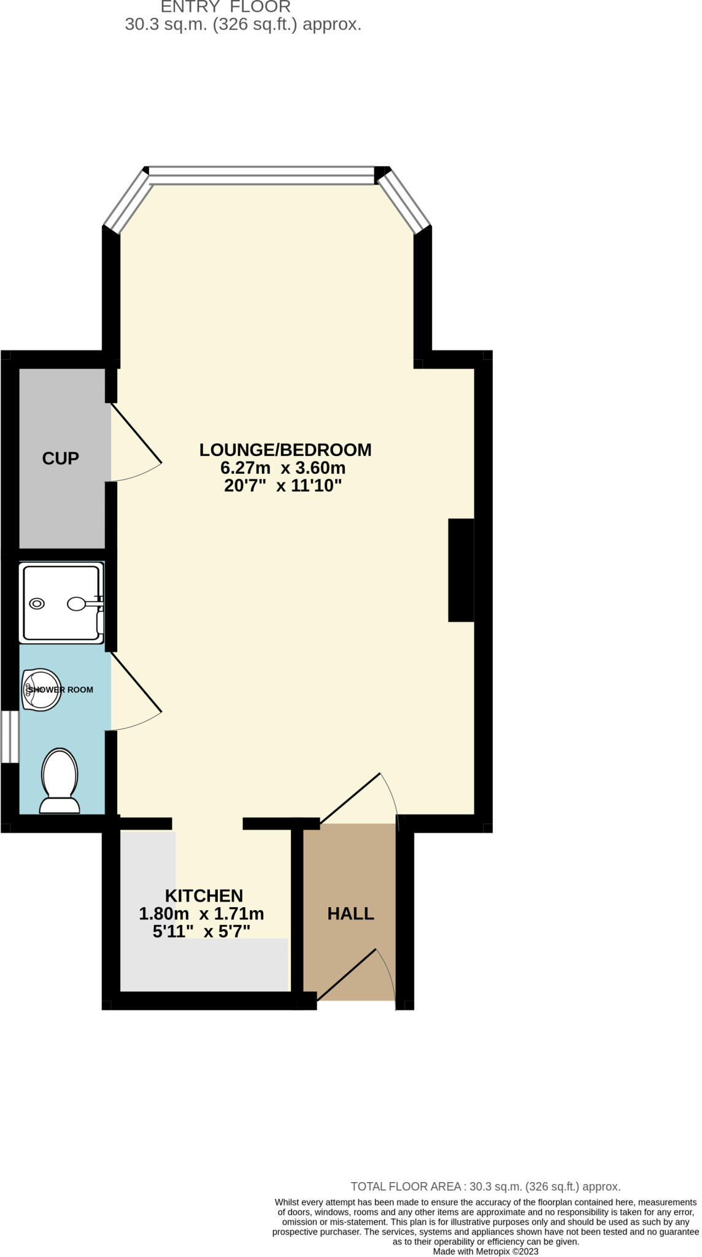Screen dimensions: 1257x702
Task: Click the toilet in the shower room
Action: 60,780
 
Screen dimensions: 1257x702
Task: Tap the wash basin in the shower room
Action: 41,689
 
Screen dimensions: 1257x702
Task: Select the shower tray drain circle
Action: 37,603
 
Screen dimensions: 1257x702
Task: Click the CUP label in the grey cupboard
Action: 60,458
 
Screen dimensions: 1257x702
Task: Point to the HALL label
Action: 350,913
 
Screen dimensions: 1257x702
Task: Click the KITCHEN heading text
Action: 204,895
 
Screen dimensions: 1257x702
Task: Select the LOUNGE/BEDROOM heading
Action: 285,450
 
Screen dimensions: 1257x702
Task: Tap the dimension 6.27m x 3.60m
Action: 283,468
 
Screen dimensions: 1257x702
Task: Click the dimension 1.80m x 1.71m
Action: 201,914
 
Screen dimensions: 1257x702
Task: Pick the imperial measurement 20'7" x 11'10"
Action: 283,486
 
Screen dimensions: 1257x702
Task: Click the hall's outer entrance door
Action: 347,973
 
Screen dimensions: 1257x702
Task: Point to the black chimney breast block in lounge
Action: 461,570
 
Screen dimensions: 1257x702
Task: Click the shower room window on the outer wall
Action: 10,737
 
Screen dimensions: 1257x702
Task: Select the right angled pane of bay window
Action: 404,200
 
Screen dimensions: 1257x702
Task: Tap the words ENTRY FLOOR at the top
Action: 225,7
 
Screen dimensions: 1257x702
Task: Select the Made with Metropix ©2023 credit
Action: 485,1251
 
